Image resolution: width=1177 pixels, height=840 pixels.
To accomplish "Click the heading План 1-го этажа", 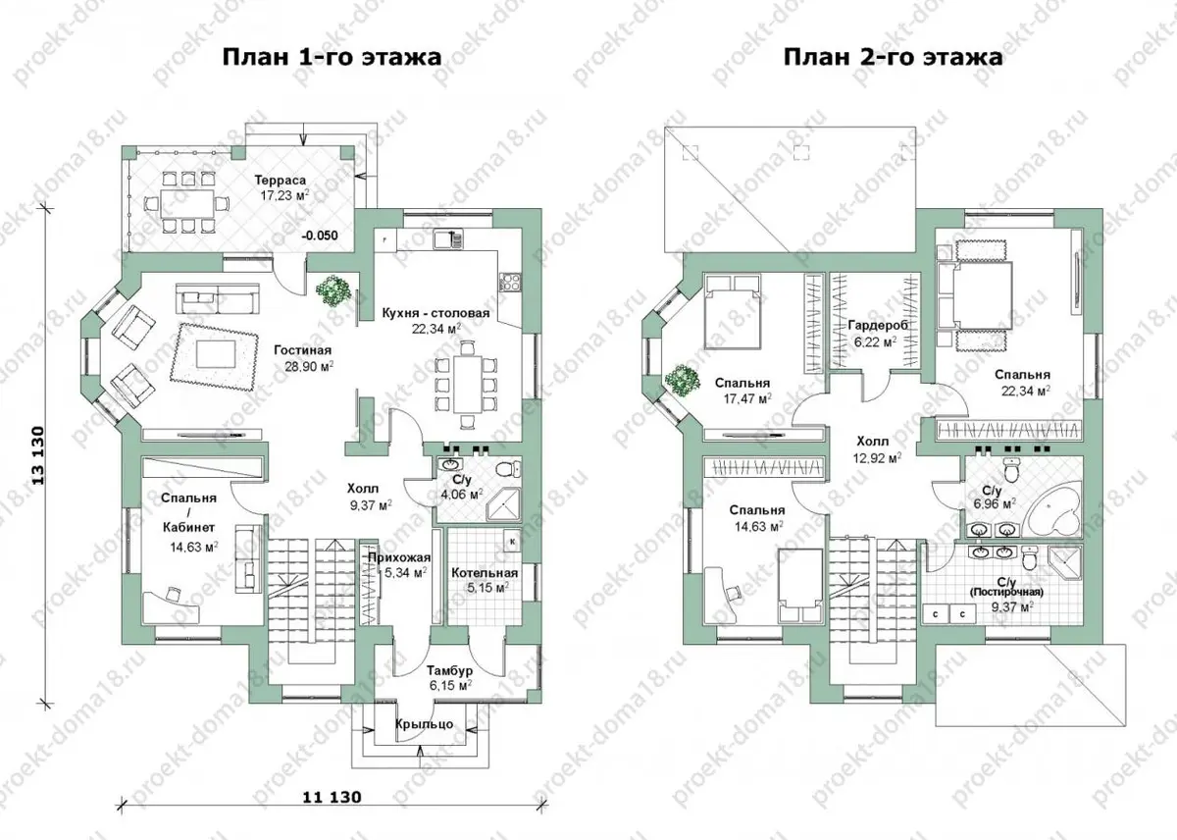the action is coord(332,57).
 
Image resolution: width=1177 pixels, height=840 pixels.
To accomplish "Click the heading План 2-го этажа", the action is coord(893,57).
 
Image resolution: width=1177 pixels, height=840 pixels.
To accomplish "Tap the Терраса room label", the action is coord(281,181).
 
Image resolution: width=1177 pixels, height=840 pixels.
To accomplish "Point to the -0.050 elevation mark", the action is coord(320,236).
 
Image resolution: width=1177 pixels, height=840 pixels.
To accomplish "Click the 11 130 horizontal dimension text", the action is coord(333,798).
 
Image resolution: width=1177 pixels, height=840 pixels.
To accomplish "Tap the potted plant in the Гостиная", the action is coord(333,289).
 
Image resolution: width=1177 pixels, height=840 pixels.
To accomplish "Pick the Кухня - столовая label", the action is coord(435,314).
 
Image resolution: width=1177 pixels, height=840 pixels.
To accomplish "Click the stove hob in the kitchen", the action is coord(509,283).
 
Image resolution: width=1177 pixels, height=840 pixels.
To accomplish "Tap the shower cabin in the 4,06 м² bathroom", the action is coord(503,504).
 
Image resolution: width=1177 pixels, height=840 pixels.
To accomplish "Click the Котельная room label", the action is coord(485,573).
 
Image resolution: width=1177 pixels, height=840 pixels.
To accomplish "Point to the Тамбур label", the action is coord(449,671).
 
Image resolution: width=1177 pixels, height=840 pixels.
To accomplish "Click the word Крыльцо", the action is coord(424,724).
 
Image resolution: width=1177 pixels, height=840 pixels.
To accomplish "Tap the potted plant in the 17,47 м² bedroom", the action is coord(682,380).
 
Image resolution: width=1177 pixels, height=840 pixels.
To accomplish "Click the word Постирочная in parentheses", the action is coord(1005,593).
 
